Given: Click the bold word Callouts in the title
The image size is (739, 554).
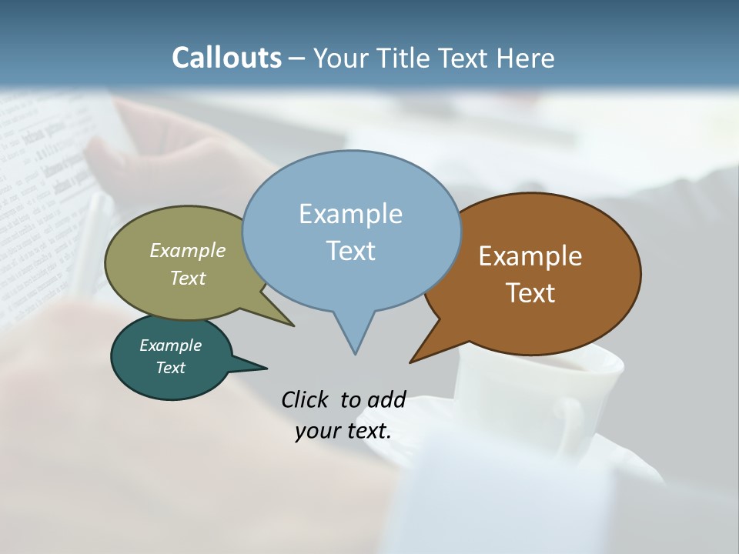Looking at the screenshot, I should (x=226, y=58).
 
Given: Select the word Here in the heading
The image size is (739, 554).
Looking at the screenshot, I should (x=524, y=58).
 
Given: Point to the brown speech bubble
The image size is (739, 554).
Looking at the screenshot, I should (x=554, y=231).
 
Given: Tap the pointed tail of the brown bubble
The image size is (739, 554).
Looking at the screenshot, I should (x=428, y=350).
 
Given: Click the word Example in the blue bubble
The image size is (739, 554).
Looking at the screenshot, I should (x=350, y=214).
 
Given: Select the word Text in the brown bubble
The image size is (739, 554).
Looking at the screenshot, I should (x=530, y=293).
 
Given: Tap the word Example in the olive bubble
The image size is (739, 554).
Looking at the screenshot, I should (x=188, y=251).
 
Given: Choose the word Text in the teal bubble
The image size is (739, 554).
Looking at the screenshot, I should (x=170, y=368).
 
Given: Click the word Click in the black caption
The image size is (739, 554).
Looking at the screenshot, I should (x=306, y=399).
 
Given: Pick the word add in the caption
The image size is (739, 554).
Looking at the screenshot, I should (x=386, y=399).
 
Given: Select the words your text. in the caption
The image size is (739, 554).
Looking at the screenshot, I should (x=343, y=431).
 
